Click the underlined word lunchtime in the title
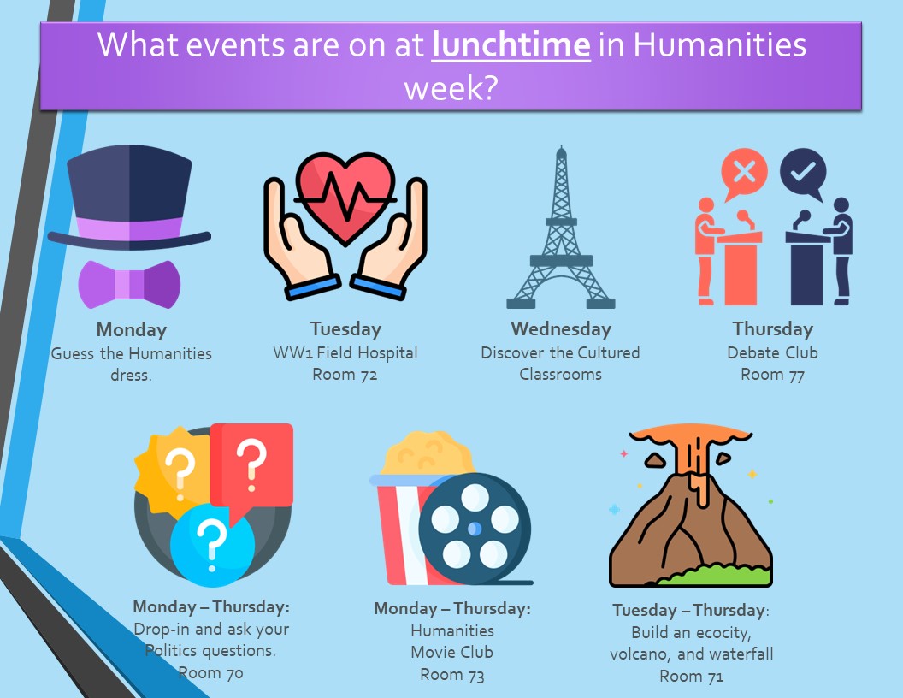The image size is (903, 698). (511, 44)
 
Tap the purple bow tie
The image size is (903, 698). (129, 284)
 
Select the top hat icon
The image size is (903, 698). (129, 198)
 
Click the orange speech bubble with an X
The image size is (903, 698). (743, 174)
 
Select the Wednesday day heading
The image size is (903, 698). (561, 328)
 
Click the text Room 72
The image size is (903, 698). (345, 375)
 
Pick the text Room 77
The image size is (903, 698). (772, 375)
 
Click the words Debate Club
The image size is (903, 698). (772, 352)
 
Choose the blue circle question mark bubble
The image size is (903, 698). (212, 545)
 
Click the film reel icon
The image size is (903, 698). (475, 529)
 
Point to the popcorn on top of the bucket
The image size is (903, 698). (428, 453)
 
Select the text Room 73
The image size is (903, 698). (452, 674)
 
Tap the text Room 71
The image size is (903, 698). (691, 676)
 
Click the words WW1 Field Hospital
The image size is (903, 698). (345, 352)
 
